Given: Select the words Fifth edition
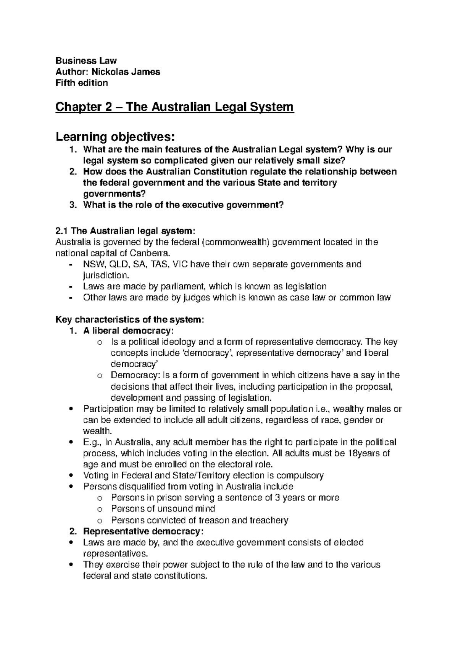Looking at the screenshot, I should click(82, 83).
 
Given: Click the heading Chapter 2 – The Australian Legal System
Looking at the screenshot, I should click(174, 107).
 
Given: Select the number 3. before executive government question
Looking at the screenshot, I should click(73, 205).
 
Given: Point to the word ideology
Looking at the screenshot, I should click(179, 342).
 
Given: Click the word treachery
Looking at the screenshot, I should click(269, 520).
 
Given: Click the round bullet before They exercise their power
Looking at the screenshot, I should click(72, 565).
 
